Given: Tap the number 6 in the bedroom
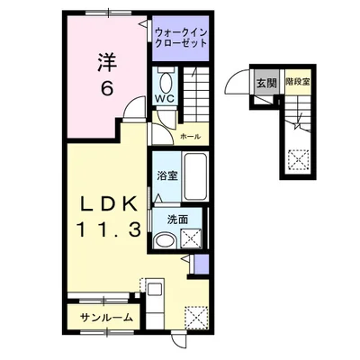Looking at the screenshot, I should (x=106, y=90).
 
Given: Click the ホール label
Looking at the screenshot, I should (x=190, y=136).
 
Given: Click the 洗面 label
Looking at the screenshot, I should (x=177, y=219).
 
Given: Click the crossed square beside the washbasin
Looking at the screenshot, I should (x=191, y=238).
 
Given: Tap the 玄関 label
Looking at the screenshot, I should (x=267, y=83).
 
